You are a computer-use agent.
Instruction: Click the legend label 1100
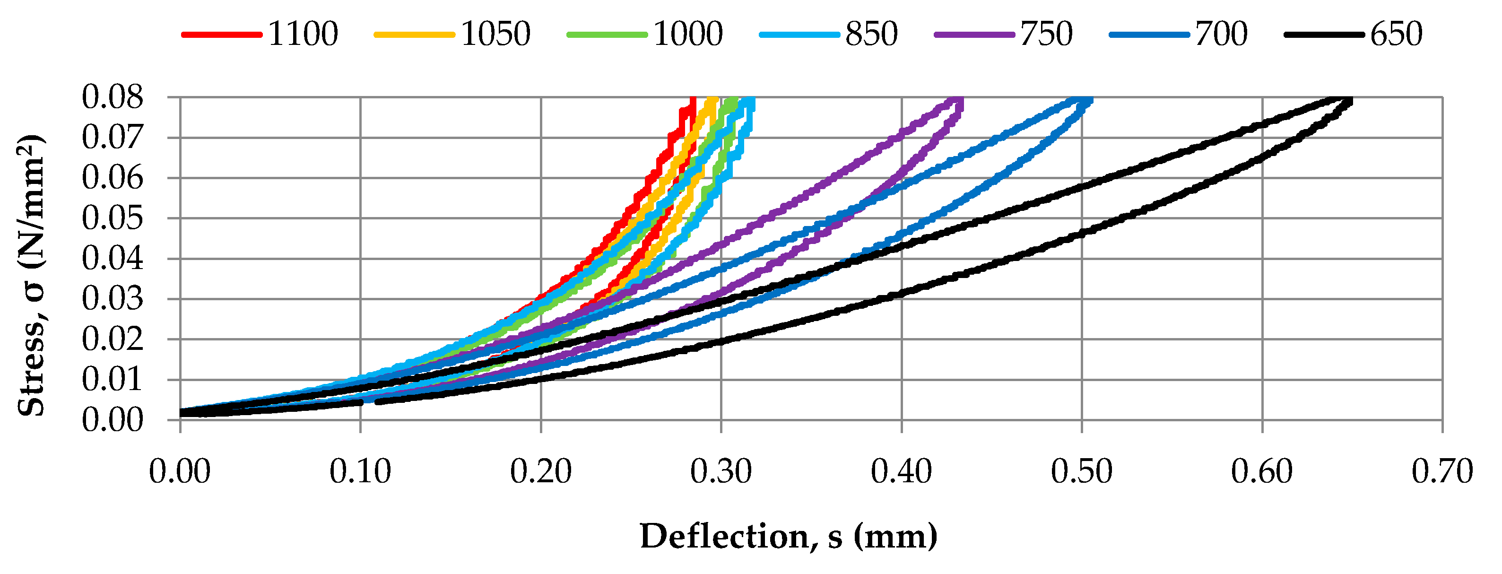click(x=303, y=34)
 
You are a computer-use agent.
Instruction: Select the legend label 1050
click(x=495, y=34)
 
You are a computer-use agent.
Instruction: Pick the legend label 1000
click(x=687, y=34)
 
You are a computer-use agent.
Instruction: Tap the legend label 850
click(x=871, y=34)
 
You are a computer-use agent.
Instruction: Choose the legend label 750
click(x=1046, y=34)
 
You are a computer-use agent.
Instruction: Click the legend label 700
click(x=1221, y=34)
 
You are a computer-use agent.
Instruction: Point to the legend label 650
click(x=1396, y=34)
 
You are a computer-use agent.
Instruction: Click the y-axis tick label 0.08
click(x=112, y=97)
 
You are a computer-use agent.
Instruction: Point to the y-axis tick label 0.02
click(x=112, y=339)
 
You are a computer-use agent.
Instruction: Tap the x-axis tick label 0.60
click(x=1262, y=471)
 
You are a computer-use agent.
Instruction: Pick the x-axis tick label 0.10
click(x=360, y=471)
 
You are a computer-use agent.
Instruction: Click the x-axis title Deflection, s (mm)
click(x=788, y=537)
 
